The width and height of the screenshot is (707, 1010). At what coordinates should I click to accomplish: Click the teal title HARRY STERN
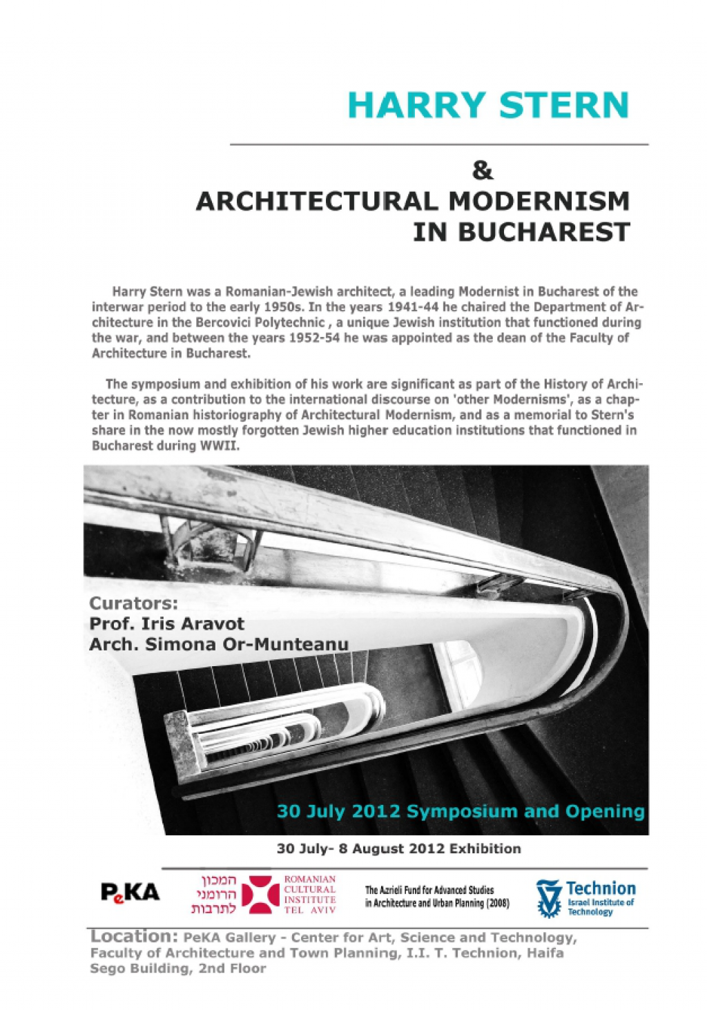(x=488, y=106)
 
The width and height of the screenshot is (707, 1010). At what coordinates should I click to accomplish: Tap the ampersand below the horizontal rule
(x=482, y=170)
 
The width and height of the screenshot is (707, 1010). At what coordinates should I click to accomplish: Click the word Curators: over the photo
(x=133, y=603)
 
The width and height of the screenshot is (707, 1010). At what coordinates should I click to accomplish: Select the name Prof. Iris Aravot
(x=166, y=623)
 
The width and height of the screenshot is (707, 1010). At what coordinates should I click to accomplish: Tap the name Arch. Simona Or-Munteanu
(x=218, y=644)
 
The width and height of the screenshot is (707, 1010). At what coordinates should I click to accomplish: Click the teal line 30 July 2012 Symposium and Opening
(x=460, y=811)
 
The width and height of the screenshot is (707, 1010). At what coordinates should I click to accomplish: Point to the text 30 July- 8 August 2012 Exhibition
(x=398, y=848)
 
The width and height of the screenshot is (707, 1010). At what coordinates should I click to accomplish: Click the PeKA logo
(x=130, y=893)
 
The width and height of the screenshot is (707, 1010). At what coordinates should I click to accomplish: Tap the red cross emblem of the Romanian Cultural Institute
(x=260, y=895)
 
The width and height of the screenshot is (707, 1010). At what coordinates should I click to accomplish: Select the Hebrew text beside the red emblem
(x=214, y=895)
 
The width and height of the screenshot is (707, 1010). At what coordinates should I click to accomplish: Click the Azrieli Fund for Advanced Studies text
(x=436, y=896)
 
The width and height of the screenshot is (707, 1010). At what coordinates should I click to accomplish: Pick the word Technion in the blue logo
(x=601, y=888)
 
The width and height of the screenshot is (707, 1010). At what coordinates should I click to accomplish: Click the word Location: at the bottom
(x=134, y=937)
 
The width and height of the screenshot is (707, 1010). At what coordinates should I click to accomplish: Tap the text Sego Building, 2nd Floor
(x=177, y=969)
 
